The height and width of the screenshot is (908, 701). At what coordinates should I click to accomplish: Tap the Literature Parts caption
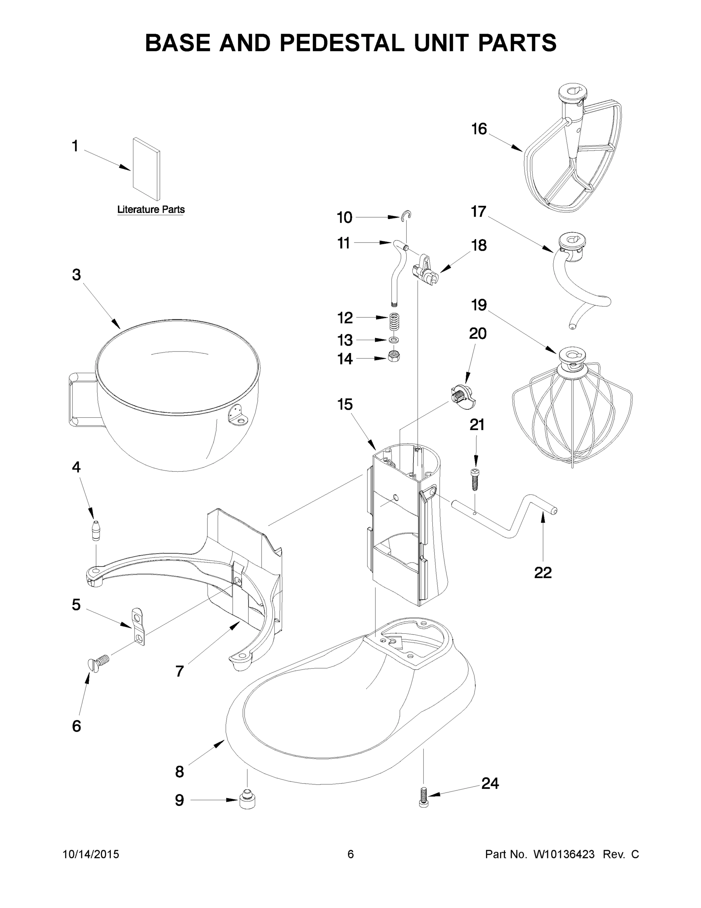click(151, 210)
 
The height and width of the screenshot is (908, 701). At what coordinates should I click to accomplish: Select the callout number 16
click(479, 129)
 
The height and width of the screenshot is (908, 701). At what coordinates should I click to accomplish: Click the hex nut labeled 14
click(394, 356)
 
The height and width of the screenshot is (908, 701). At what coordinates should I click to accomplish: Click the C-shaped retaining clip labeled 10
click(407, 215)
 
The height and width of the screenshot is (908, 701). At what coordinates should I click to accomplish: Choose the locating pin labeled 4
click(96, 530)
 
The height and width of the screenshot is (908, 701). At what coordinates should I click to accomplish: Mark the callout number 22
click(543, 573)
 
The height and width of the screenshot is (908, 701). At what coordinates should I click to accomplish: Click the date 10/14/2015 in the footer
click(91, 854)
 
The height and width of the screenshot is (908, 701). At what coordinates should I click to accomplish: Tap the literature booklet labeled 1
click(146, 169)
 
